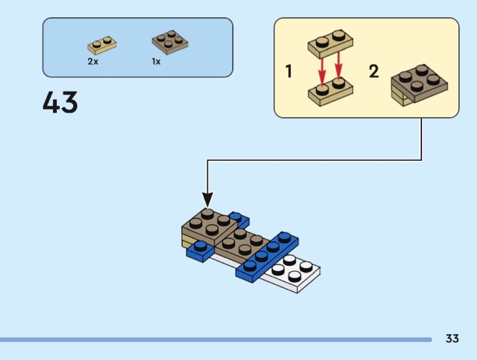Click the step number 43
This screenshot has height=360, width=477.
[60, 103]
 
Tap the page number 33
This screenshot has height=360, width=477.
[452, 339]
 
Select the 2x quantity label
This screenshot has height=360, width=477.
[93, 62]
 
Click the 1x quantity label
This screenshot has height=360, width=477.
[156, 62]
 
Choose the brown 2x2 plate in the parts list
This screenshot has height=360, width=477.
[170, 42]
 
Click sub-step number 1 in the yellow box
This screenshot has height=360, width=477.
[288, 72]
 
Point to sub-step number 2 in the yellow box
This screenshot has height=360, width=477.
[373, 72]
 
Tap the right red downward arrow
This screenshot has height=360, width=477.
[338, 68]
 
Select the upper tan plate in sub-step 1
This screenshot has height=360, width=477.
[330, 43]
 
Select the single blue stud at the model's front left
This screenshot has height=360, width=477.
[199, 248]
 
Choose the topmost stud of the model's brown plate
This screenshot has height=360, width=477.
[207, 212]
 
